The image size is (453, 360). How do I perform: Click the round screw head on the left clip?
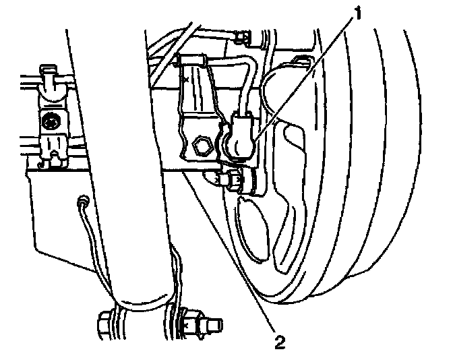[49, 123]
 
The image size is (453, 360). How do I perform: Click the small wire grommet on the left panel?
[81, 200]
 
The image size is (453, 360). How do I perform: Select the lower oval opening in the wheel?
[251, 233]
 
